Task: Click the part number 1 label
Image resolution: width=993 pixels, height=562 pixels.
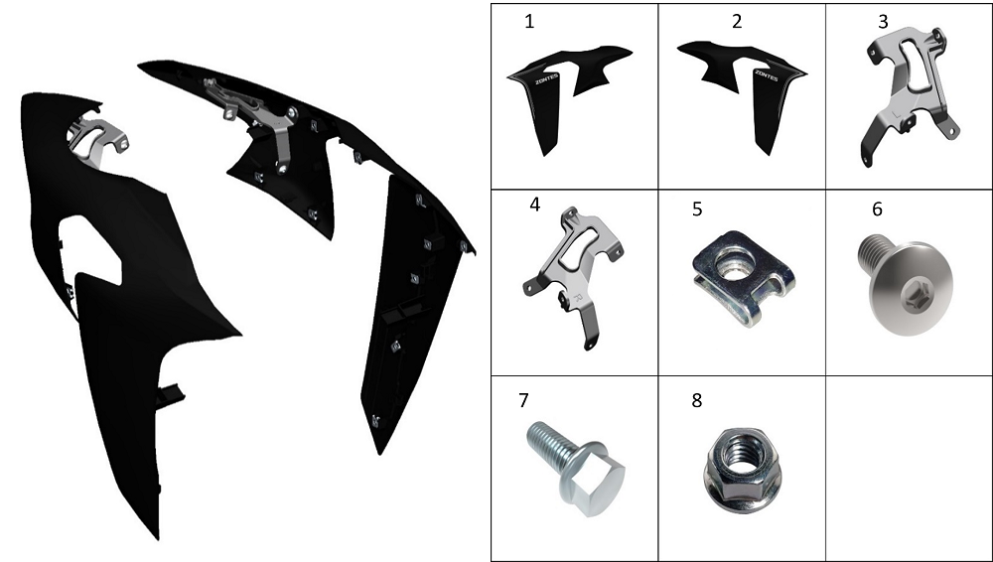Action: tap(529, 22)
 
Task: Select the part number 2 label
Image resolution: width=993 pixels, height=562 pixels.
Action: tap(737, 22)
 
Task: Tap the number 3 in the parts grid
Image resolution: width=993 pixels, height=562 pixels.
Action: tap(883, 22)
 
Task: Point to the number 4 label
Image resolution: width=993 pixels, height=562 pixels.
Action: tap(535, 206)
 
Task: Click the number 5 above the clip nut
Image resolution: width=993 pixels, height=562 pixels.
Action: tap(697, 210)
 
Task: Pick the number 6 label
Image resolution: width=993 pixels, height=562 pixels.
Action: tap(877, 210)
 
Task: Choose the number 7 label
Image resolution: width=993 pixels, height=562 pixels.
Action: tap(523, 400)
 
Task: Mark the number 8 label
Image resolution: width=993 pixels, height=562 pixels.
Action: tap(697, 400)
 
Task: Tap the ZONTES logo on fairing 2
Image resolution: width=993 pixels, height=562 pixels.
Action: tap(767, 76)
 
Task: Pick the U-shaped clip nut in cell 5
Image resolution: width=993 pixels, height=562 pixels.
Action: tap(743, 277)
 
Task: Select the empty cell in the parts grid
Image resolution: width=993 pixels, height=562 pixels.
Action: tap(909, 469)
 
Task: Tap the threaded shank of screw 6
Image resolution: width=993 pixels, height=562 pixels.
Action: tap(873, 252)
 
